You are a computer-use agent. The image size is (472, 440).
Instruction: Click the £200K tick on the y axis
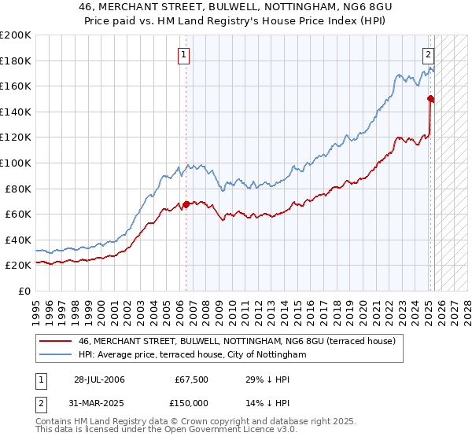coord(16,35)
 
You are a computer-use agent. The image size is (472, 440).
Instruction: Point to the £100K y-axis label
coord(16,163)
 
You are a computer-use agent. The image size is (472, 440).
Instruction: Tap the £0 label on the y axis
coord(25,291)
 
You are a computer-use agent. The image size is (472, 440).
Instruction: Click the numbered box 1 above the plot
coord(183,55)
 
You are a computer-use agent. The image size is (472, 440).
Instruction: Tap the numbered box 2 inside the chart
coord(428,55)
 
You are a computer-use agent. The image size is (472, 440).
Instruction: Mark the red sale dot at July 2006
coord(186,205)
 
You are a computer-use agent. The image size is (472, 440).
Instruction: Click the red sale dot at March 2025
coord(430,99)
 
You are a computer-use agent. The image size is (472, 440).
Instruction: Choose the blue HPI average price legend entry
coord(192,355)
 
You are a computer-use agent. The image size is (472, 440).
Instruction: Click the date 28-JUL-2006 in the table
coord(99,379)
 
